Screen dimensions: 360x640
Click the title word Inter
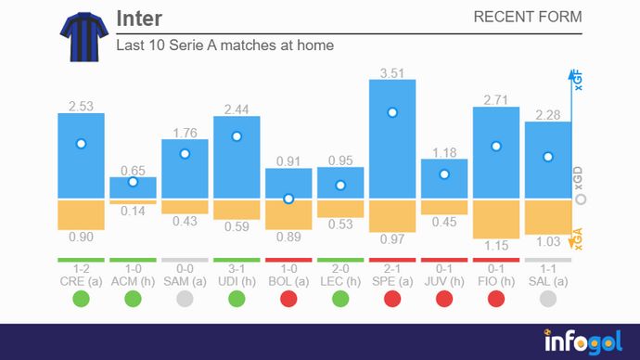(140, 19)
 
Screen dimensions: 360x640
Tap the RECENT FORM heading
(527, 17)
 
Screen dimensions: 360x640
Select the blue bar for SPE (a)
(392, 139)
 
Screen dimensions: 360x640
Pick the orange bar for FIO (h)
(496, 219)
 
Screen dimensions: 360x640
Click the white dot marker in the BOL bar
(288, 199)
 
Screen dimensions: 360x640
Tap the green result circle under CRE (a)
(81, 300)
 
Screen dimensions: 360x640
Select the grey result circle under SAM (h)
(185, 300)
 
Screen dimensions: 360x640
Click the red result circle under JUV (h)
(444, 300)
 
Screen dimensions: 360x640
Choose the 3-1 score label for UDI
(237, 268)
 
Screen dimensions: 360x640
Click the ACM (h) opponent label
(133, 280)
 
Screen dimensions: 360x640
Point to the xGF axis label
(579, 83)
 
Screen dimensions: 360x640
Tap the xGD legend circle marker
(580, 199)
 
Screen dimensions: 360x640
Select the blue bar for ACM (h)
(133, 187)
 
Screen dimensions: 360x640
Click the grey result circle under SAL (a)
(548, 300)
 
